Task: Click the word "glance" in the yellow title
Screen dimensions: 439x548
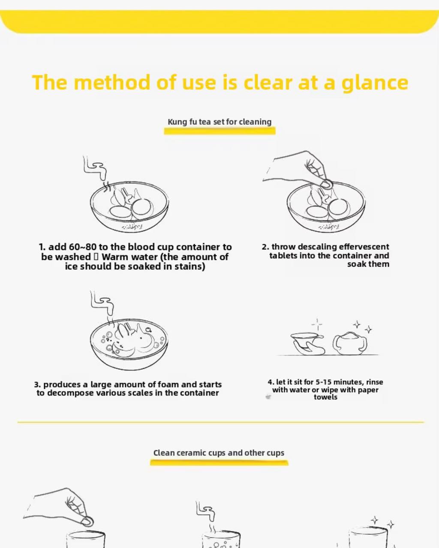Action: click(375, 83)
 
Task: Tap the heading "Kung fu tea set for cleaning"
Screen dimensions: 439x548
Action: click(219, 122)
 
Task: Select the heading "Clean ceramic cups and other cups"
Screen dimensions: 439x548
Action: click(219, 453)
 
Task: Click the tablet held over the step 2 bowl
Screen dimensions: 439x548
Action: click(327, 184)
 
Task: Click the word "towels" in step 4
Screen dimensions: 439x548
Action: click(325, 397)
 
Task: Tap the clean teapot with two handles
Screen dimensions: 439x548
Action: click(350, 343)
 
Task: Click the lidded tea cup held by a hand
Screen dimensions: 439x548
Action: click(307, 343)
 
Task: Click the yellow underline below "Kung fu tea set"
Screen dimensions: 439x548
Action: click(219, 131)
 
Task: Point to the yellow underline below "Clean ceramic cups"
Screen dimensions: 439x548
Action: click(219, 462)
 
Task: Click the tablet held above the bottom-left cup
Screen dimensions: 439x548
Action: click(87, 521)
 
